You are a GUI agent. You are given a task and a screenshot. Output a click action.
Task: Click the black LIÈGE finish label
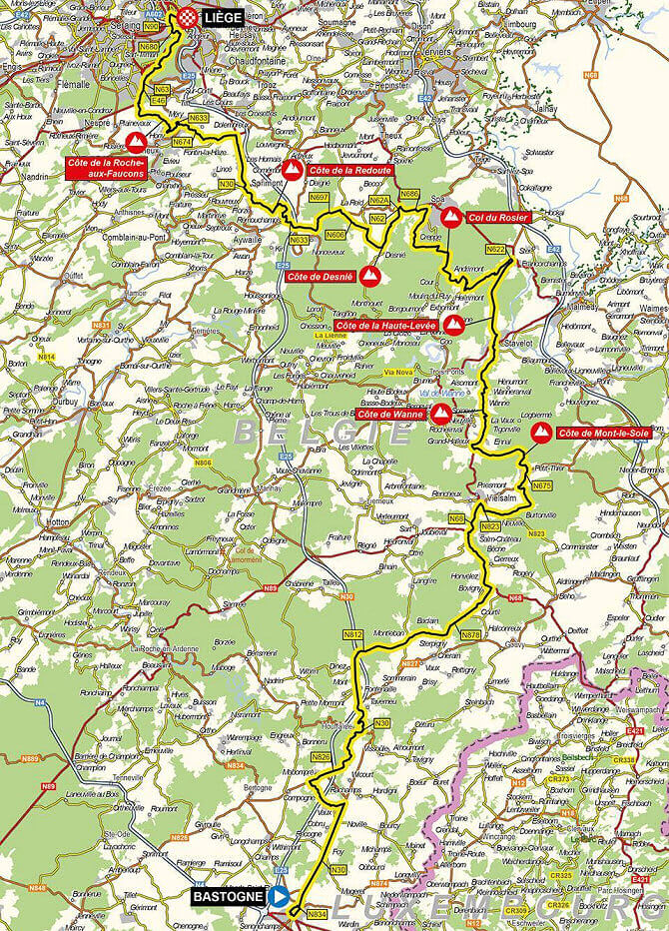point(221,17)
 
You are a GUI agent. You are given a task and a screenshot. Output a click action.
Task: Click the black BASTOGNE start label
point(228,898)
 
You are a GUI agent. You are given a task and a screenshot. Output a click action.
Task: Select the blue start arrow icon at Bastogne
point(281,898)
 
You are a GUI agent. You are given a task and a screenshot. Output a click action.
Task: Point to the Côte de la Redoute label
point(349,171)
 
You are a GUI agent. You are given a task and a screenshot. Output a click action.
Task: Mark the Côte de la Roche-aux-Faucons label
point(106,167)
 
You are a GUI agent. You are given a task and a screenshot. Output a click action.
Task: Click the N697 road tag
point(320,198)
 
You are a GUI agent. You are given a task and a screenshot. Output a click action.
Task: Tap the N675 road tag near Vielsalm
point(541,485)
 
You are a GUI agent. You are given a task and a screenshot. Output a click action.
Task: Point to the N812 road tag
point(351,634)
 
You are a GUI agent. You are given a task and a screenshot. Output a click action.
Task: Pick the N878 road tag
point(472,634)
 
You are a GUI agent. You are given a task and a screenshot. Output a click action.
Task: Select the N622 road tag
point(496,249)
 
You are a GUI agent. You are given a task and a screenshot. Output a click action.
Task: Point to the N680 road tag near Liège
point(150,46)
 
